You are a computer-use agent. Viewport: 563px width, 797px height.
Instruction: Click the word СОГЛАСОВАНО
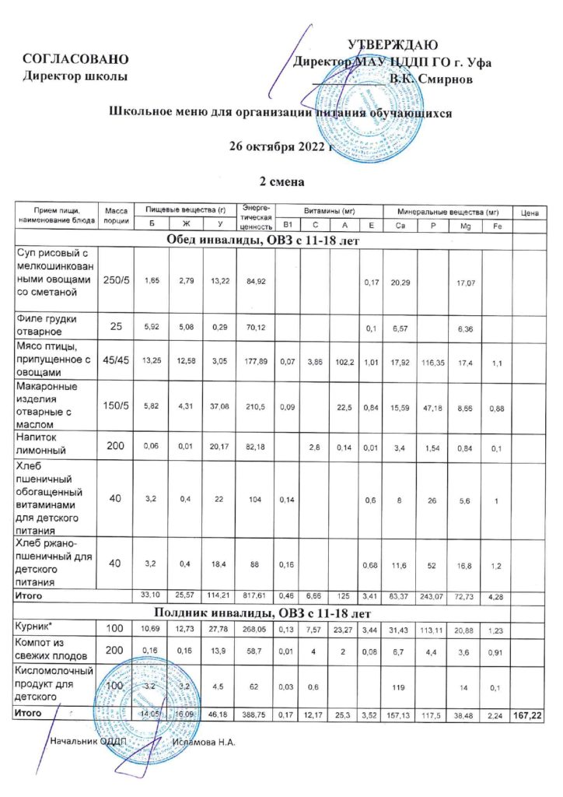pyautogui.click(x=75, y=59)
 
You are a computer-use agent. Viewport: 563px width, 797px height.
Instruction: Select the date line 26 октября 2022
pyautogui.click(x=281, y=146)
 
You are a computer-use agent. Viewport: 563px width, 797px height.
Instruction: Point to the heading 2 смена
pyautogui.click(x=281, y=181)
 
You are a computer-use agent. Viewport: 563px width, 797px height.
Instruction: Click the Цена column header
pyautogui.click(x=531, y=212)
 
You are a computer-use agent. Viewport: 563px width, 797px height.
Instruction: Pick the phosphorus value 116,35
pyautogui.click(x=433, y=361)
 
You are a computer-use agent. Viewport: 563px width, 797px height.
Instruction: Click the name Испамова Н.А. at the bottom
pyautogui.click(x=204, y=742)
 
